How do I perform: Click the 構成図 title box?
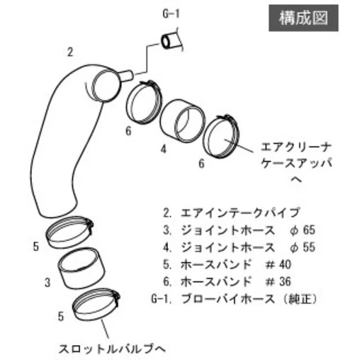pyautogui.click(x=303, y=18)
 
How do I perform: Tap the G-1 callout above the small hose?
pyautogui.click(x=171, y=14)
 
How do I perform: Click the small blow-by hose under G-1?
pyautogui.click(x=171, y=40)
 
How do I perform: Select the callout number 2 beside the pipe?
pyautogui.click(x=70, y=52)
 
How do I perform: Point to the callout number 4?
pyautogui.click(x=164, y=149)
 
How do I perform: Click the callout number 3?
pyautogui.click(x=47, y=282)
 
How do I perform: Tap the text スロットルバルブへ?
pyautogui.click(x=112, y=349)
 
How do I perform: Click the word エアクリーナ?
pyautogui.click(x=296, y=147)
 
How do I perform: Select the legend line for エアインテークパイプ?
pyautogui.click(x=231, y=213)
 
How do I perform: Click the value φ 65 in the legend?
pyautogui.click(x=303, y=230)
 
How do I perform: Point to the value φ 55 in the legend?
pyautogui.click(x=303, y=247)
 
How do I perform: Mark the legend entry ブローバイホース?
pyautogui.click(x=228, y=299)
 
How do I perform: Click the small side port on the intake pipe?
pyautogui.click(x=127, y=76)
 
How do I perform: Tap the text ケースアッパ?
pyautogui.click(x=296, y=163)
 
